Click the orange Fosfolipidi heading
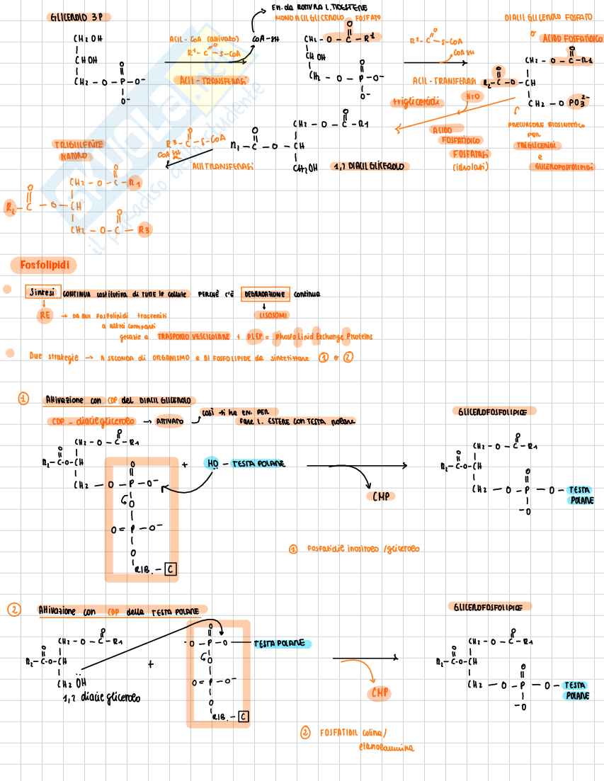click(44, 266)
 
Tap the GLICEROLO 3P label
click(80, 16)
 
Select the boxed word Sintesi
click(42, 293)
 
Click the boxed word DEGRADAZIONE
click(266, 293)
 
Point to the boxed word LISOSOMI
click(266, 314)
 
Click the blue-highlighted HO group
click(212, 463)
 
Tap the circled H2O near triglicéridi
click(471, 96)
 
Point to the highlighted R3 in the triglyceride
click(144, 229)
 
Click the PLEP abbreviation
click(256, 337)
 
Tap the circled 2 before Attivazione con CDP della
click(14, 609)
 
